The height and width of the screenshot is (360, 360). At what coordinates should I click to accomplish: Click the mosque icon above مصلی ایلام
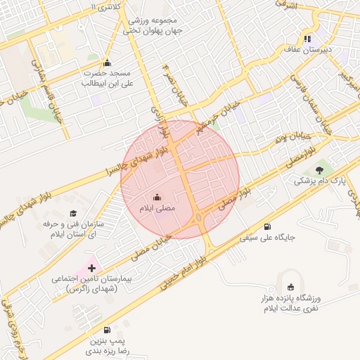click(156, 198)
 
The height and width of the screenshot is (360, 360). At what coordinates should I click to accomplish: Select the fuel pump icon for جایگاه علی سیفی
click(267, 226)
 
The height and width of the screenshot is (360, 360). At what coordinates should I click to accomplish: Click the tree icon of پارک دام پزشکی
click(320, 169)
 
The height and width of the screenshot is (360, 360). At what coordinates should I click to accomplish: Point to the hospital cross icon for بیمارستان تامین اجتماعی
click(92, 268)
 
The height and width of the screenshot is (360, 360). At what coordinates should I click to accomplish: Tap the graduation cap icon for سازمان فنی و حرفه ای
click(73, 213)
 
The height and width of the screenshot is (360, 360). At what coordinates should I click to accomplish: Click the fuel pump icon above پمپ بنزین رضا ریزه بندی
click(106, 329)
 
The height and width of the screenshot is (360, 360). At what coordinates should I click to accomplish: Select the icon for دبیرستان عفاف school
click(307, 39)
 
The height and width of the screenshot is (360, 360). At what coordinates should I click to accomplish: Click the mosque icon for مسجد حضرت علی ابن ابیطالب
click(107, 62)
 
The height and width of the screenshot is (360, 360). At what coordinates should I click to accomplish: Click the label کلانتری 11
click(106, 6)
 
